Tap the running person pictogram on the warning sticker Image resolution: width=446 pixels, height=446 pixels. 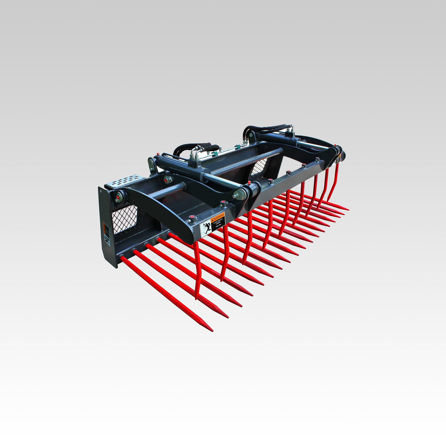(x=206, y=229)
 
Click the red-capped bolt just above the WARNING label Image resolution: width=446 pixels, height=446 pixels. (x=222, y=203)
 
